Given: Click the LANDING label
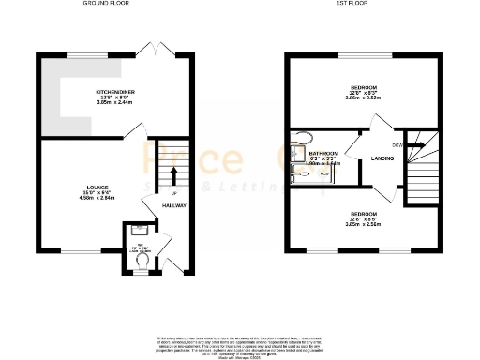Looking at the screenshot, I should [382, 158].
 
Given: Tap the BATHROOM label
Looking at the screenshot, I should [323, 152].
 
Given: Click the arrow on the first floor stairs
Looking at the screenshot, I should [418, 145].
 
